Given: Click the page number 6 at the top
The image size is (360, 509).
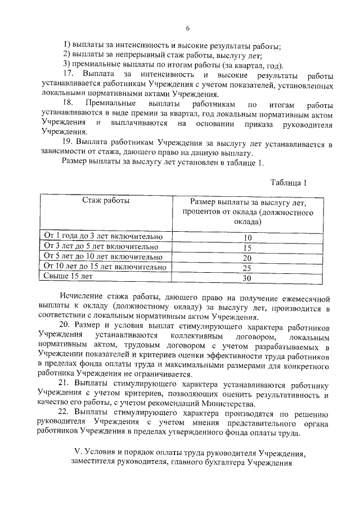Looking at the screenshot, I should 187,29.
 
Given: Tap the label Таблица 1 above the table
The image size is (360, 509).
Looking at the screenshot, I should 289,182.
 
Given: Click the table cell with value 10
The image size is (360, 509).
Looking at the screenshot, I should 246,237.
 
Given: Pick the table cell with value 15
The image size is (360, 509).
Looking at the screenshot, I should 246,247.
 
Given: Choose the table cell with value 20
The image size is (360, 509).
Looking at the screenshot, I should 246,258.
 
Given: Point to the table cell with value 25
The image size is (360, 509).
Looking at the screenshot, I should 246,268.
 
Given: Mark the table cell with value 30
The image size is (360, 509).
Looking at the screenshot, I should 246,278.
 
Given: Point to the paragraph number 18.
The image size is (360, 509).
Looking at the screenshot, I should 68,105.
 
